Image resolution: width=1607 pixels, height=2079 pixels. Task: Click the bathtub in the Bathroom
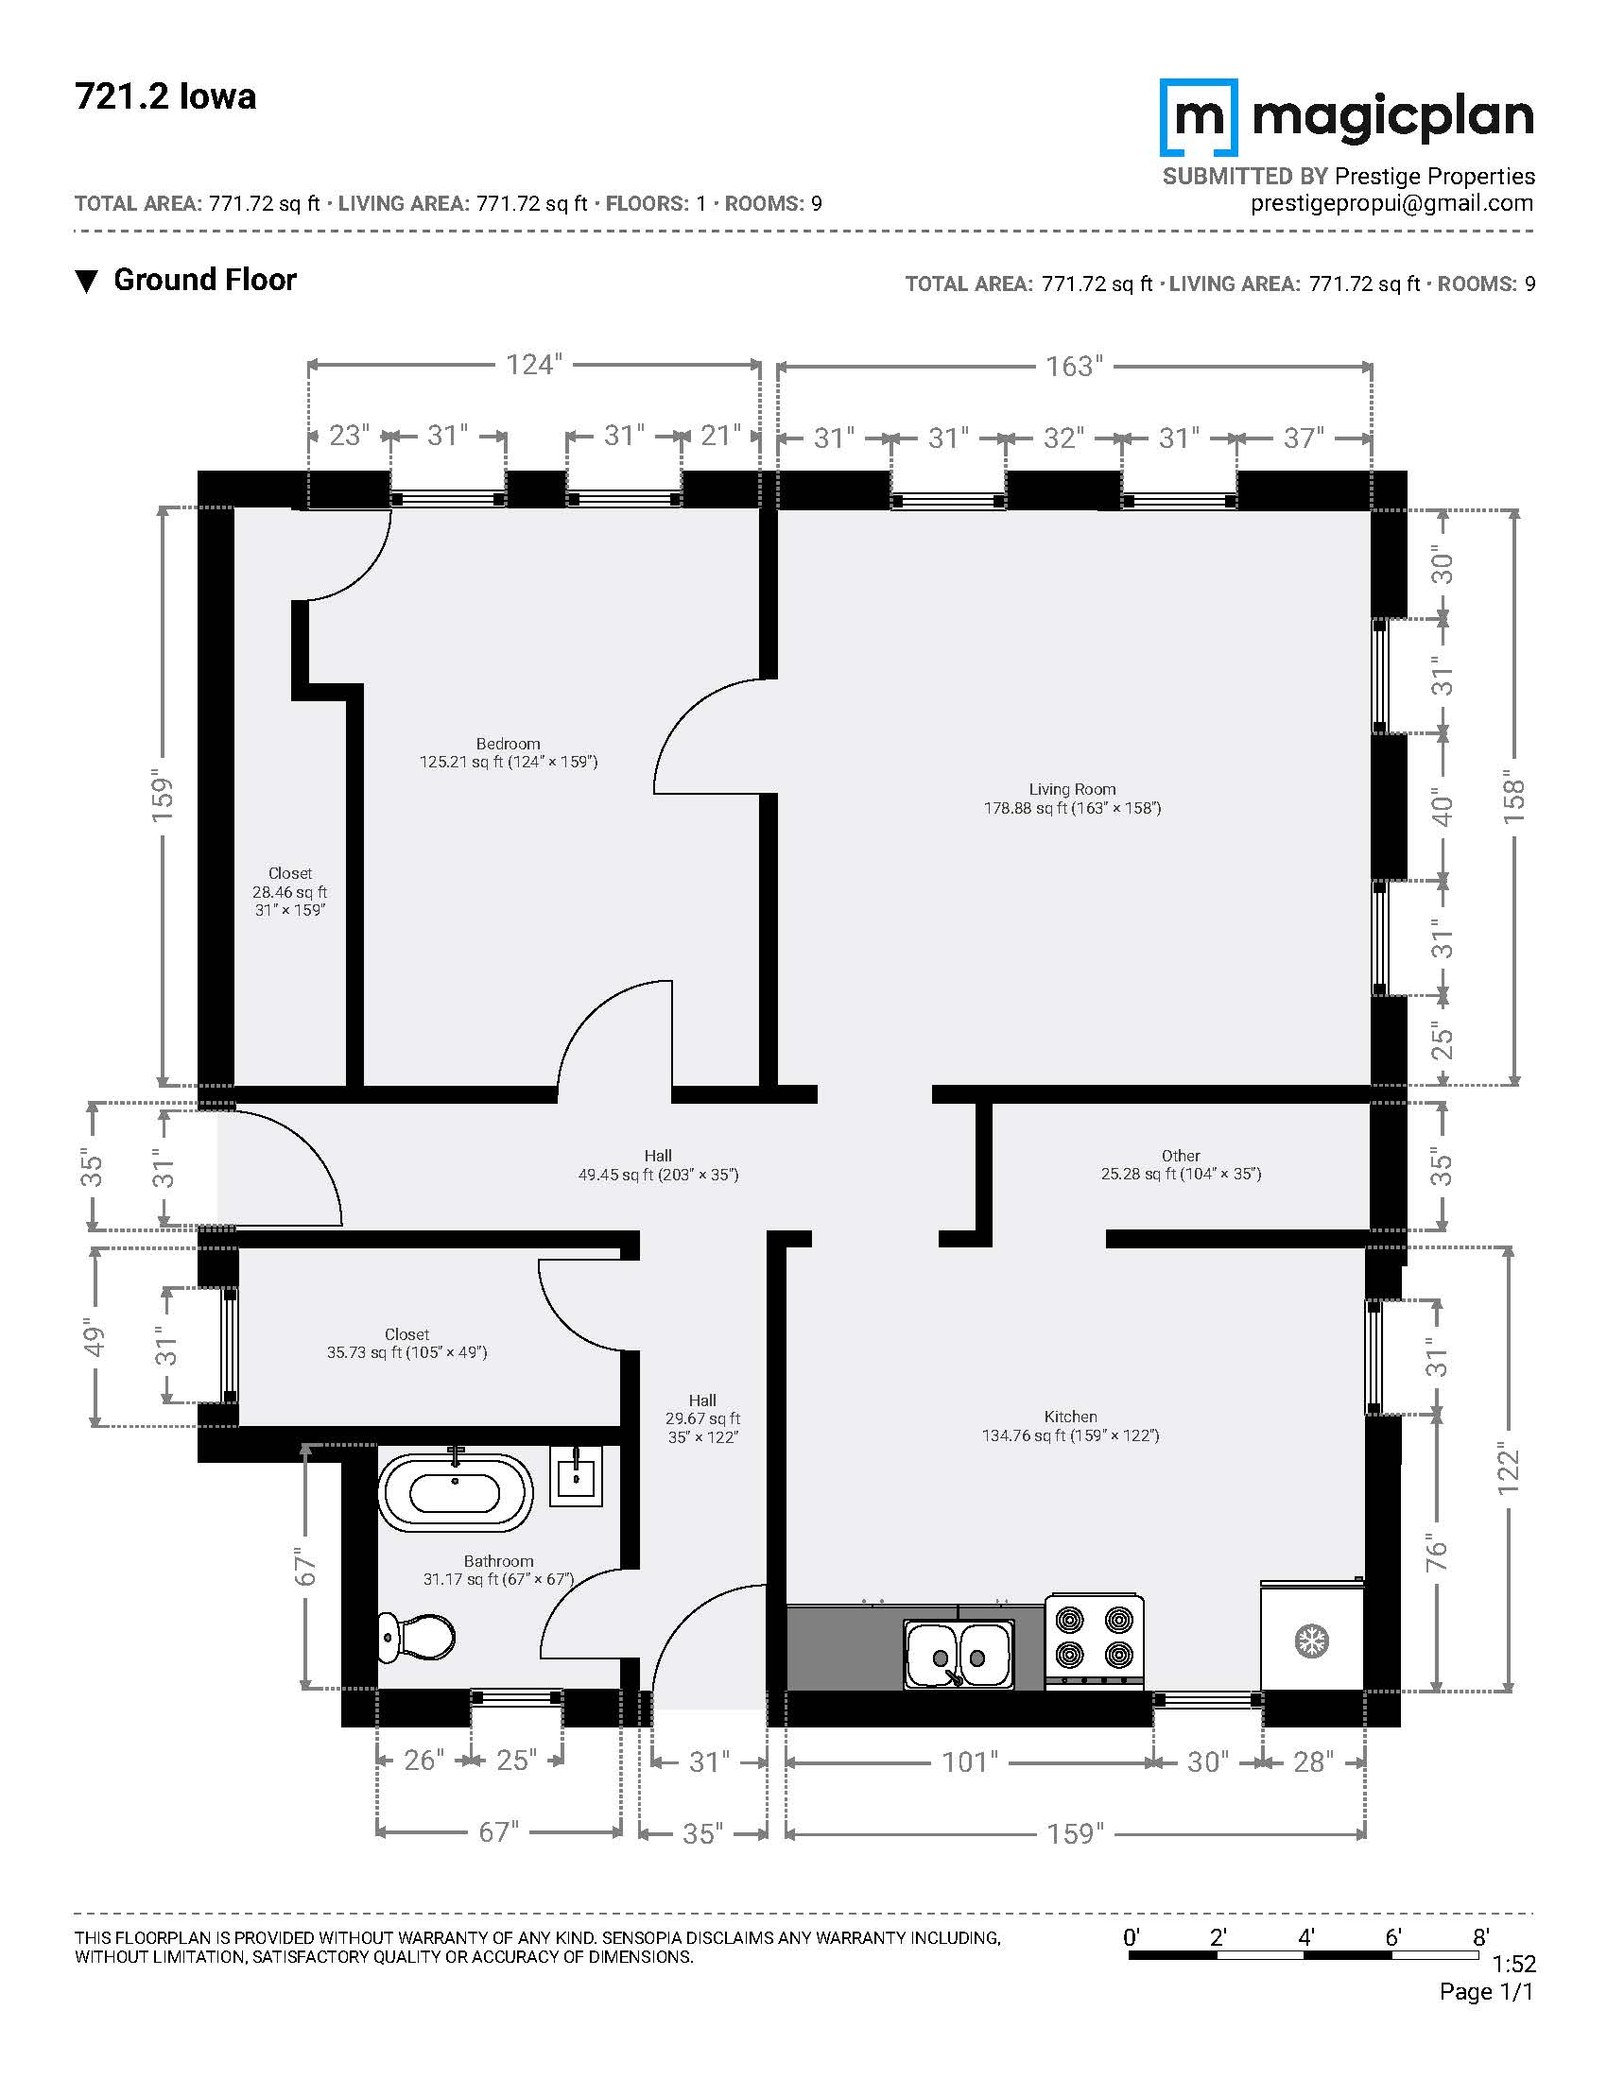pos(455,1491)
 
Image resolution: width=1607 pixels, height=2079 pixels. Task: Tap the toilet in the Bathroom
pos(416,1637)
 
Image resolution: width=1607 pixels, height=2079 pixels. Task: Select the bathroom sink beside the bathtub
pos(576,1475)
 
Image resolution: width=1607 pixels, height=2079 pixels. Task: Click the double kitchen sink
pos(959,1655)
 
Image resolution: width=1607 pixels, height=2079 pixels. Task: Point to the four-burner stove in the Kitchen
pos(1094,1641)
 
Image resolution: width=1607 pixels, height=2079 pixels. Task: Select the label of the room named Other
pos(1181,1156)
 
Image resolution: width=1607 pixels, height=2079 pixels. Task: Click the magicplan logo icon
pos(1199,117)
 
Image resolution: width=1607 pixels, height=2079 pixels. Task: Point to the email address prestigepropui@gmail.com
pos(1391,204)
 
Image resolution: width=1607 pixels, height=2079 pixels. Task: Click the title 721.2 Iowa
pos(165,97)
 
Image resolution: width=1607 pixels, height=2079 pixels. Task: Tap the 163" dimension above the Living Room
pos(1074,366)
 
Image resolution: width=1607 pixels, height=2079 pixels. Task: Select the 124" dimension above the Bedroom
pos(534,365)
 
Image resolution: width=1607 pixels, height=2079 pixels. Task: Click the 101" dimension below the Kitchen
pos(970,1762)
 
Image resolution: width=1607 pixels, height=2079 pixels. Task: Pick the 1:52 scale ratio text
pos(1512,1965)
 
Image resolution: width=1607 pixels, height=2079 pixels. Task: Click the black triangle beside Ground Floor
pos(87,282)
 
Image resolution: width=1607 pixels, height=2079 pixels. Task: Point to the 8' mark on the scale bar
pos(1481,1936)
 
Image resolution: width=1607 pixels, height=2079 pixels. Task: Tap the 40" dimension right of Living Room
pos(1443,809)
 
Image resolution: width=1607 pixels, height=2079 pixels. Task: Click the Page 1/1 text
pos(1487,1992)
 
